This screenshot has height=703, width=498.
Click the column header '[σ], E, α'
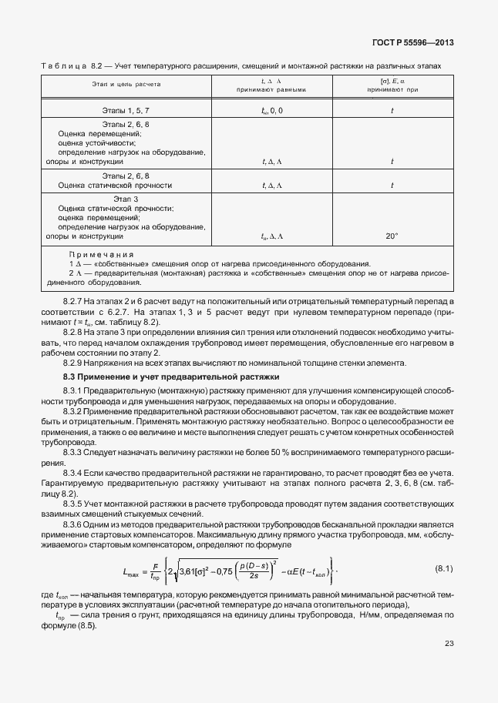(x=392, y=79)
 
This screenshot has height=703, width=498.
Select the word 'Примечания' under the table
(x=101, y=254)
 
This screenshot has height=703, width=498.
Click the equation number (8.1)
(x=443, y=568)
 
